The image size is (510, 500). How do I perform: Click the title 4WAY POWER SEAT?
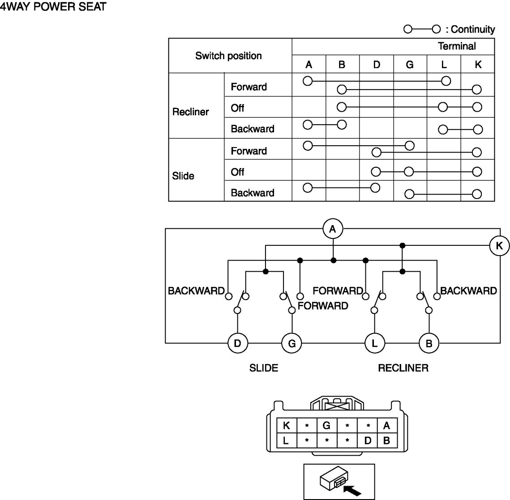[x=53, y=7]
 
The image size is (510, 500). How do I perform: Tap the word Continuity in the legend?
[x=473, y=30]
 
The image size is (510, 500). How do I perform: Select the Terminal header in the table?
[x=457, y=46]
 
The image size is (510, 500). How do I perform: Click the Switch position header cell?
[x=228, y=56]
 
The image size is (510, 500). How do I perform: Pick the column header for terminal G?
[x=410, y=65]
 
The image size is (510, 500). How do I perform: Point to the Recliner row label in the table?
[x=191, y=112]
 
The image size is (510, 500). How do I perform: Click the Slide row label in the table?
[x=183, y=176]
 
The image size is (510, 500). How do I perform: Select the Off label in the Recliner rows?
[x=237, y=108]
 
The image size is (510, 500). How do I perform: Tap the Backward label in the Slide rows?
[x=252, y=193]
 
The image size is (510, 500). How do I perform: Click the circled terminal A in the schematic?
[x=332, y=230]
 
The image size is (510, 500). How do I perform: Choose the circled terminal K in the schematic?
[x=499, y=246]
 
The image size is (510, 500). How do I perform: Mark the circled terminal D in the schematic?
[x=237, y=343]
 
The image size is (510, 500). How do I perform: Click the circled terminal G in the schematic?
[x=291, y=343]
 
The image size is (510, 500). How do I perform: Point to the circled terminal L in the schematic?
[x=375, y=343]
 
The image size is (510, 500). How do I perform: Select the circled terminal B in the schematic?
[x=429, y=343]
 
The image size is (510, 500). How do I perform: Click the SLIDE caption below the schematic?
[x=264, y=368]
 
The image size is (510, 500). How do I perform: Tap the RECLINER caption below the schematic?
[x=403, y=368]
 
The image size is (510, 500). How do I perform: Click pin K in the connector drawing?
[x=286, y=426]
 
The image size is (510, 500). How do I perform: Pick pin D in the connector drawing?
[x=368, y=440]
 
